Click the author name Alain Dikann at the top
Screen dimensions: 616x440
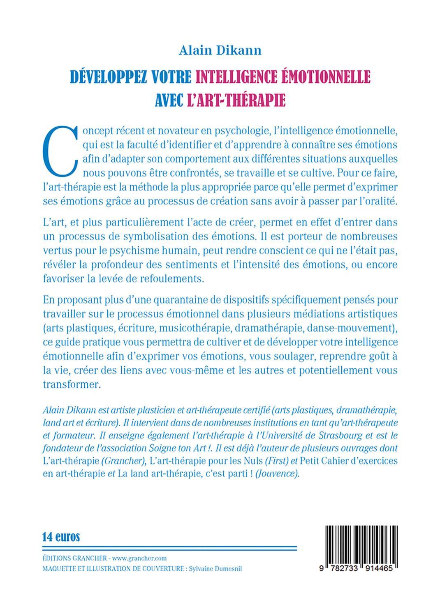220,51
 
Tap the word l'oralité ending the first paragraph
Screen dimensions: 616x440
376,200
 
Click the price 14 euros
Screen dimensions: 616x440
60,536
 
